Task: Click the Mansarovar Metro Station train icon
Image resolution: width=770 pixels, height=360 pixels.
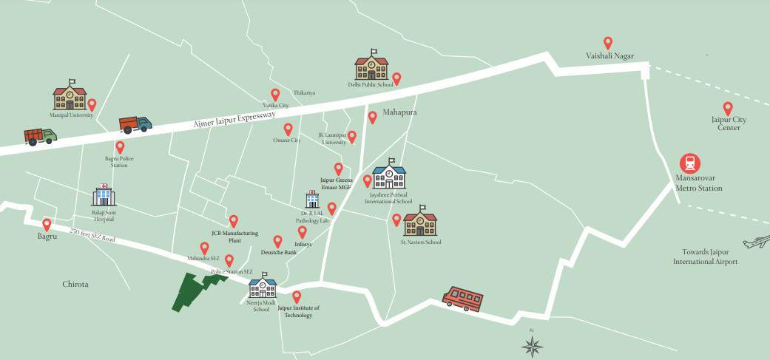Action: (691, 164)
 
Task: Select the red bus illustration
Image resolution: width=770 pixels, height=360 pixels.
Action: (461, 299)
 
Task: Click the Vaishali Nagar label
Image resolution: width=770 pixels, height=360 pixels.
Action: (609, 56)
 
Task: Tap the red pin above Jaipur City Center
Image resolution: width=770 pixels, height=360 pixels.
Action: (727, 108)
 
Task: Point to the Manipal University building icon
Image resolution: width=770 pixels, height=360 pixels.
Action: (70, 98)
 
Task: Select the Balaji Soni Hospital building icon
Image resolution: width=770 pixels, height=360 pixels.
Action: (104, 195)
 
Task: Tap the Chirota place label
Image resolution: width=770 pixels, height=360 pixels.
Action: (75, 284)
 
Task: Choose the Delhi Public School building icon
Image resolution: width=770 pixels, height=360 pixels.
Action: (371, 67)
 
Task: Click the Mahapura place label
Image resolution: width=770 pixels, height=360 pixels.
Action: (400, 112)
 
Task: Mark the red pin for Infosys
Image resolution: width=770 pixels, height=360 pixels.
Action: (302, 232)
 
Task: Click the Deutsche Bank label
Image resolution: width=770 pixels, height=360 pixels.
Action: (280, 252)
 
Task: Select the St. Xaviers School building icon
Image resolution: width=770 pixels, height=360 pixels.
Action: (420, 222)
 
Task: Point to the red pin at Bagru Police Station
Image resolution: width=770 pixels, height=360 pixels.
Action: (120, 147)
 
